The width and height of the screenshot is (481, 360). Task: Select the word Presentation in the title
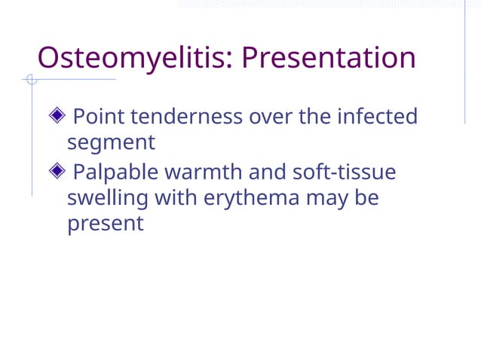tap(329, 58)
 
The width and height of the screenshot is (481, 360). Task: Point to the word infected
tap(377, 117)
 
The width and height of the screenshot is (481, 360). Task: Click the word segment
tap(111, 142)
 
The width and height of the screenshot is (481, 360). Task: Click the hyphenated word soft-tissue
tap(344, 172)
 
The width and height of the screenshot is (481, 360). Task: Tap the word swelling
tap(107, 198)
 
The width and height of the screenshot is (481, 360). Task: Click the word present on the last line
tap(105, 224)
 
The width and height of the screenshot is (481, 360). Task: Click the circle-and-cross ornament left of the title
tap(31, 79)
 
